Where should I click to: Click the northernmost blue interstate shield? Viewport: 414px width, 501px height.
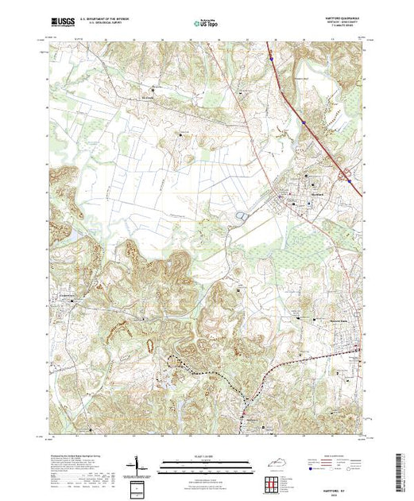tap(271, 57)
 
